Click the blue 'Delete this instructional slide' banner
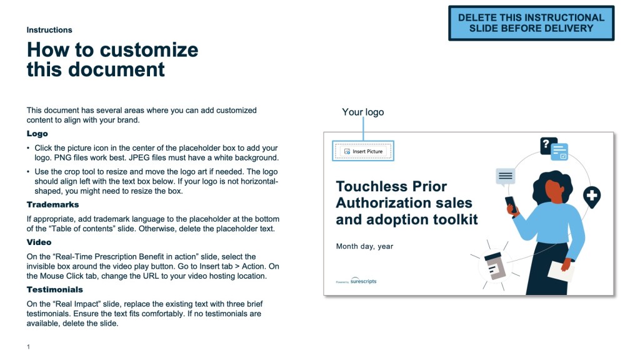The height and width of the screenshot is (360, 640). [x=531, y=23]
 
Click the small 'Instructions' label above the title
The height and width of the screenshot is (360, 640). [x=49, y=30]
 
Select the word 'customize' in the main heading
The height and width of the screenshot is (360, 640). [x=149, y=50]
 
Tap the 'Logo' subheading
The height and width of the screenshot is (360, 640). [x=37, y=134]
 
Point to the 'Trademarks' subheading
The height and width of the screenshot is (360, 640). [x=52, y=204]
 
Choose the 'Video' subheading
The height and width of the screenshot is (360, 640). [x=39, y=242]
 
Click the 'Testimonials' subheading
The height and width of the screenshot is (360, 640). [x=55, y=289]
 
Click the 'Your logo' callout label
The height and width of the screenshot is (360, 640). [x=363, y=112]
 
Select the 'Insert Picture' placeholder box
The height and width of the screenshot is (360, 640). [x=363, y=151]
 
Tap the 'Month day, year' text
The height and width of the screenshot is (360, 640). [x=364, y=246]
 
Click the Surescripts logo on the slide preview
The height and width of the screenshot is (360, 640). [x=356, y=281]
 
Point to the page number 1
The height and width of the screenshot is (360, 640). [x=28, y=346]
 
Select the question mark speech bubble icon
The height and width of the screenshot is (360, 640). [x=548, y=145]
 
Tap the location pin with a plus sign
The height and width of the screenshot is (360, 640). [x=592, y=197]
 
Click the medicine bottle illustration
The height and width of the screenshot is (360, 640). [x=495, y=266]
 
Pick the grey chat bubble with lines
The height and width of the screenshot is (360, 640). [x=505, y=177]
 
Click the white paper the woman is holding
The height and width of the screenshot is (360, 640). [x=561, y=271]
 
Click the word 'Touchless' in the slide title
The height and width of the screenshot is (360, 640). [x=372, y=186]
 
